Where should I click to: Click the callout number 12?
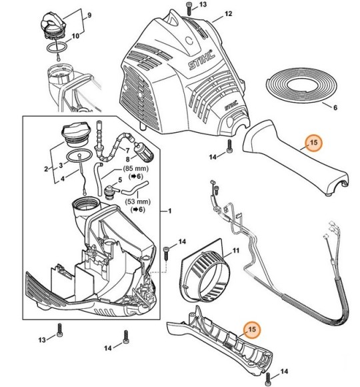pyautogui.click(x=228, y=14)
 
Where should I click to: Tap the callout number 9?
pyautogui.click(x=89, y=15)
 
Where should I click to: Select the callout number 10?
pyautogui.click(x=75, y=36)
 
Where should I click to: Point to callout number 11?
pyautogui.click(x=236, y=251)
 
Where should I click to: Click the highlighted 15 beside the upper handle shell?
pyautogui.click(x=313, y=143)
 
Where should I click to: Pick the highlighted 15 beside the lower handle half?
pyautogui.click(x=252, y=329)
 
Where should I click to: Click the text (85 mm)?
pyautogui.click(x=136, y=169)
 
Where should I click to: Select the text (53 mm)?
pyautogui.click(x=137, y=202)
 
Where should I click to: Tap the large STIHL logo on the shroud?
pyautogui.click(x=202, y=60)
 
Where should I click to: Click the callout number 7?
pyautogui.click(x=127, y=151)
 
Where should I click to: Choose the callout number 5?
pyautogui.click(x=120, y=180)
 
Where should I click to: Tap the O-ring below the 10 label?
pyautogui.click(x=57, y=47)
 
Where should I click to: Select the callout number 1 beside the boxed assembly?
pyautogui.click(x=169, y=211)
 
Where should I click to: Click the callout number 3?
pyautogui.click(x=61, y=165)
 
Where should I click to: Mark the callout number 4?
pyautogui.click(x=63, y=178)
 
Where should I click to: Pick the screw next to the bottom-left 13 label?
pyautogui.click(x=59, y=330)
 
